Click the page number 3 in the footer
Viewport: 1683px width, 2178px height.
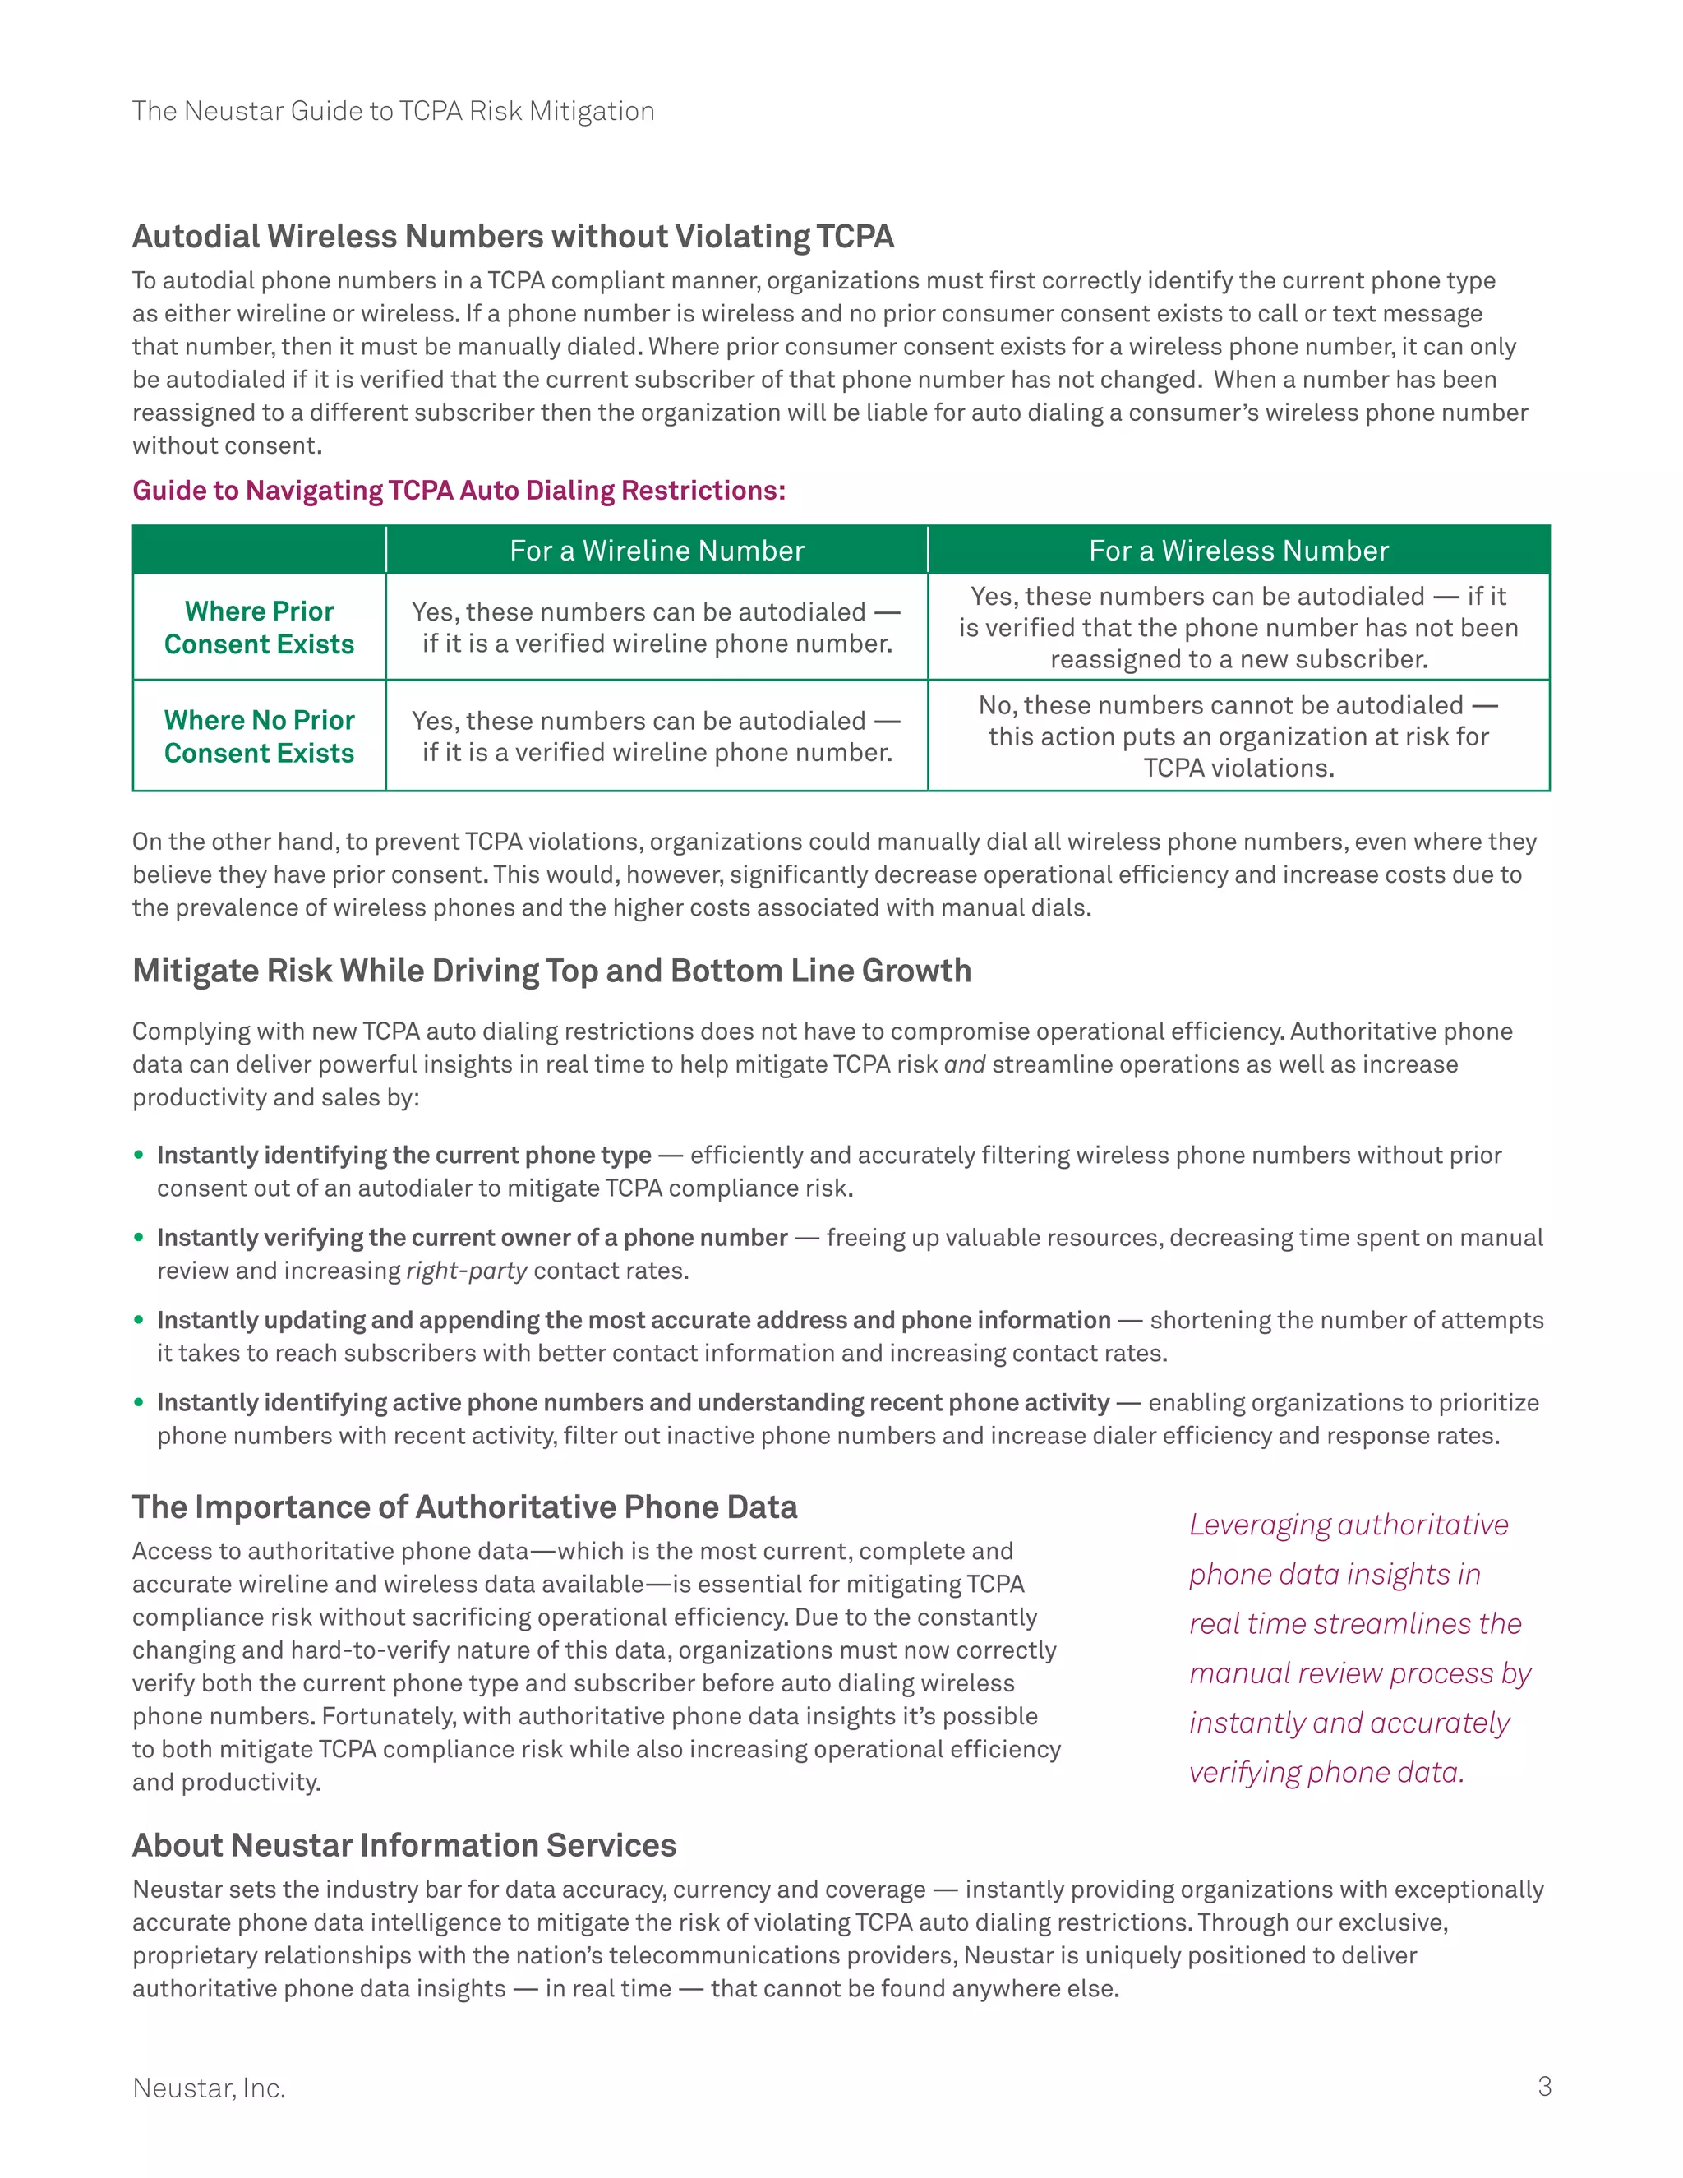(1543, 2086)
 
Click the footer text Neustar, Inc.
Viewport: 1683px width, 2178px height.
(209, 2088)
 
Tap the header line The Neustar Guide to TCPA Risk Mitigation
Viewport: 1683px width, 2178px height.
(393, 111)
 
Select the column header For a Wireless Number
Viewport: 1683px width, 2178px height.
(1238, 551)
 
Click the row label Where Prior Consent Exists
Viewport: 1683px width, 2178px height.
(259, 627)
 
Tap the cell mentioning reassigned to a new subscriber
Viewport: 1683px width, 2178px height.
(1238, 627)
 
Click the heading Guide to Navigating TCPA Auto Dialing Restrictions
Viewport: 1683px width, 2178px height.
(459, 491)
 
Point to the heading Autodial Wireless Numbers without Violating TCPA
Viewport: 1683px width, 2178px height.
(513, 237)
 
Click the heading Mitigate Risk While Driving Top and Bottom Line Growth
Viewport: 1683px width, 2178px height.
(551, 971)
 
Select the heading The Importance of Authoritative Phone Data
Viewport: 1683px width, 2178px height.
(464, 1507)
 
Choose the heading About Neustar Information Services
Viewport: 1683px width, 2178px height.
(403, 1845)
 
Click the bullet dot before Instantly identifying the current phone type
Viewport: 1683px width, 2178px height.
(139, 1155)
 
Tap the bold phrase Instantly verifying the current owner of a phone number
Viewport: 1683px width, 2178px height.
(472, 1238)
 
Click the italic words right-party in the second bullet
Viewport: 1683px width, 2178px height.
(466, 1271)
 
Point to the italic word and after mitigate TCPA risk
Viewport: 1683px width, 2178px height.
(964, 1064)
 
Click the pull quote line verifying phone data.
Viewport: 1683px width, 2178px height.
(1326, 1772)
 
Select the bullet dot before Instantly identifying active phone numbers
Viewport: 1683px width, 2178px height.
(139, 1402)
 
